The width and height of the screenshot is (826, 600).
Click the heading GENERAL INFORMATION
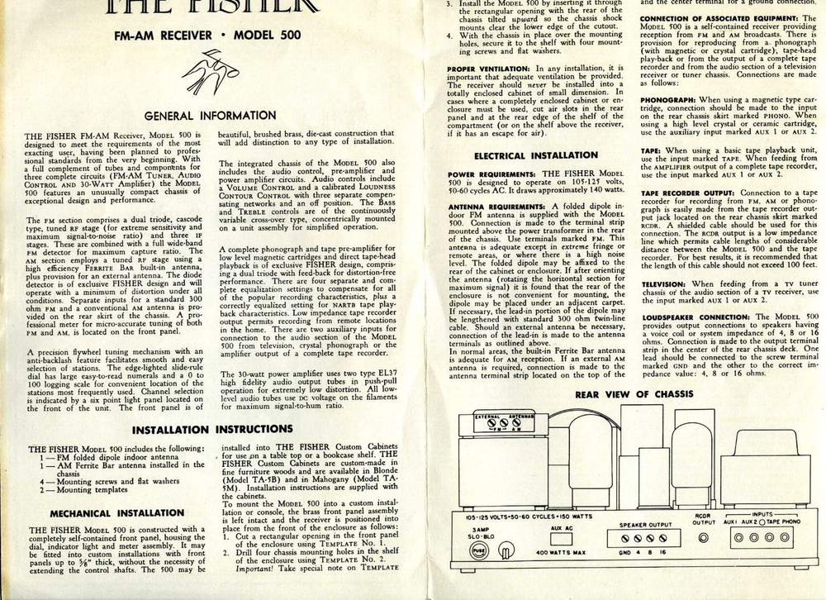(x=211, y=116)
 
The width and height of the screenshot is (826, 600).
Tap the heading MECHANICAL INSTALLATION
(x=116, y=512)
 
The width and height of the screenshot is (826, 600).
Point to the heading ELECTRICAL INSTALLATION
(x=534, y=155)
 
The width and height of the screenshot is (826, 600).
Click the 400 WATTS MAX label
(x=562, y=573)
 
